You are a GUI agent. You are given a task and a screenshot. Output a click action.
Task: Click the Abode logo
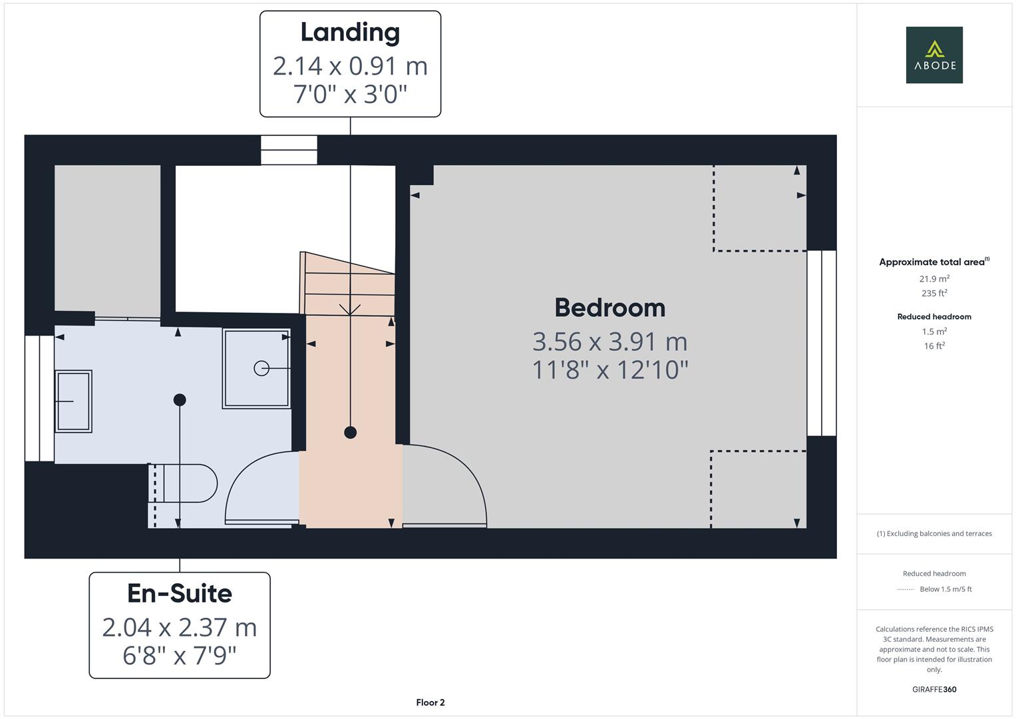click(x=934, y=55)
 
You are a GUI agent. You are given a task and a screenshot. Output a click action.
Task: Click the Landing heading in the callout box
click(x=350, y=33)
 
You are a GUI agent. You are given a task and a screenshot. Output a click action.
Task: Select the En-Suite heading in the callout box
click(x=180, y=593)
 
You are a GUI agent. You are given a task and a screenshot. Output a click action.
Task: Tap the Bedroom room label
click(x=610, y=308)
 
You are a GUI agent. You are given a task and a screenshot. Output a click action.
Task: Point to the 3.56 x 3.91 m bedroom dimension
click(x=610, y=342)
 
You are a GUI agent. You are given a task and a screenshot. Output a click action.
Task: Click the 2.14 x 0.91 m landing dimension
click(x=350, y=67)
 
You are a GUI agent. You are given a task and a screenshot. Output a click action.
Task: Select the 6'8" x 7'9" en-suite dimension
click(x=180, y=656)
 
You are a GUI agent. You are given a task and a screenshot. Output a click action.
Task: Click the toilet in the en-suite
click(x=183, y=483)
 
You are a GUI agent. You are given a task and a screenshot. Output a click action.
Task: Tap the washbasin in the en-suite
click(x=73, y=401)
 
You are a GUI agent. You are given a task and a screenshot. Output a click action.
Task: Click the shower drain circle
click(x=261, y=368)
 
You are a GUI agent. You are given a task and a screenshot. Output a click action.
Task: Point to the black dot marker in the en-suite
click(x=180, y=400)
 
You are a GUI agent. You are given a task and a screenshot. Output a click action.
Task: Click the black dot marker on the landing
click(x=350, y=433)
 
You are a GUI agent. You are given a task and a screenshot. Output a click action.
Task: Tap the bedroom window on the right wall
click(x=822, y=343)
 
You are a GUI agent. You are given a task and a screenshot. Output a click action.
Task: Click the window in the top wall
click(x=289, y=150)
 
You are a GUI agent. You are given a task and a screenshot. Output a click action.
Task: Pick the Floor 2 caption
click(x=430, y=702)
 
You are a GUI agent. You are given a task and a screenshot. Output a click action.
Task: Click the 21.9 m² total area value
click(x=934, y=279)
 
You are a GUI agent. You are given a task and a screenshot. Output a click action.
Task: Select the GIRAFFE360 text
click(x=934, y=690)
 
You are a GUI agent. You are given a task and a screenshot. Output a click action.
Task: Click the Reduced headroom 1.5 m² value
click(x=934, y=332)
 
